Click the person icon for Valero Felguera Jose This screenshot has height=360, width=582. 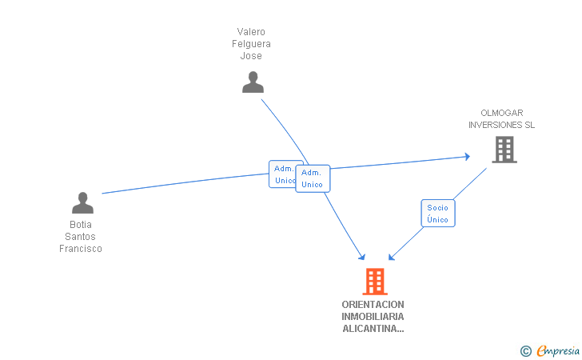click(x=253, y=82)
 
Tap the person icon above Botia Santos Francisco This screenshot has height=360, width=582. click(x=82, y=203)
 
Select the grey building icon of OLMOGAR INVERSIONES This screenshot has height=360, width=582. click(x=504, y=150)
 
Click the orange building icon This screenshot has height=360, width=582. click(x=374, y=282)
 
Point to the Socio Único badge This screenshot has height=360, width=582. click(x=437, y=214)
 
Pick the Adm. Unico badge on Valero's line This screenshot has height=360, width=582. click(x=312, y=178)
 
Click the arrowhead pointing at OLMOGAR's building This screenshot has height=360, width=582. click(x=466, y=157)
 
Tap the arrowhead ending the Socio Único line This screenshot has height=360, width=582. click(x=391, y=257)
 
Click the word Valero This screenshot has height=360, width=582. click(x=251, y=32)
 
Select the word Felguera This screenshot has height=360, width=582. click(x=251, y=44)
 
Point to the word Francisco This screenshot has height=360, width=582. click(x=81, y=249)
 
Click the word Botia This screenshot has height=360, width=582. click(x=81, y=225)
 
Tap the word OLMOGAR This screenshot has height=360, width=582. click(x=502, y=113)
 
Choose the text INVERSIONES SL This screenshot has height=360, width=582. click(x=501, y=125)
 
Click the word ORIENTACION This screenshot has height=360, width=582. click(x=373, y=305)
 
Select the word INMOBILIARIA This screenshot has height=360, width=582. click(x=373, y=317)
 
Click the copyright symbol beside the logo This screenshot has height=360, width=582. click(x=525, y=350)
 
